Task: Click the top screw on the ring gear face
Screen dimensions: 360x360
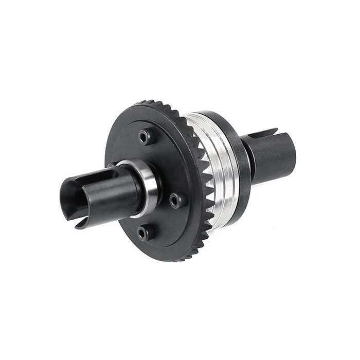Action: coord(146,136)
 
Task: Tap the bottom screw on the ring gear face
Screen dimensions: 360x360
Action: coord(146,233)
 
